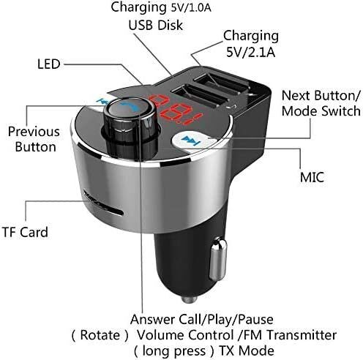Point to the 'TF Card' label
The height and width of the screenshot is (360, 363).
24,233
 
